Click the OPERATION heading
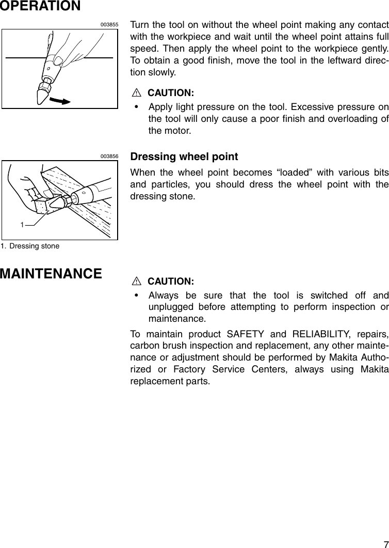click(40, 6)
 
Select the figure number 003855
click(109, 24)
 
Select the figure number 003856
click(109, 156)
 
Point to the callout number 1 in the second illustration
click(23, 225)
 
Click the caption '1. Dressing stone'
click(30, 246)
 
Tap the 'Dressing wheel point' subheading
click(184, 156)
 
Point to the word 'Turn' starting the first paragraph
click(140, 26)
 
